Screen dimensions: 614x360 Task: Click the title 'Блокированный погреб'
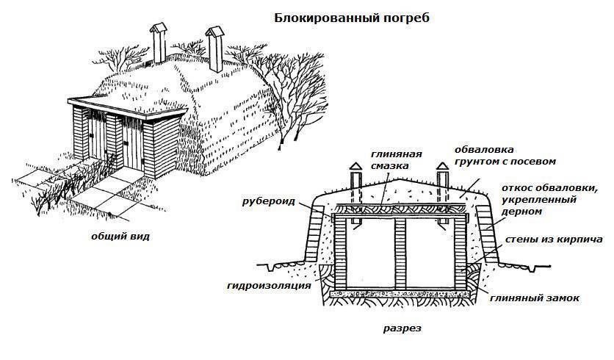[351, 18]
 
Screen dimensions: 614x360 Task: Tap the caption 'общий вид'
[120, 237]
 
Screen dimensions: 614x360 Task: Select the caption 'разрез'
[402, 328]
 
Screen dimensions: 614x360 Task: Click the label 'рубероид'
[269, 202]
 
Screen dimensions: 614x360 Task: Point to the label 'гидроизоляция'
[269, 286]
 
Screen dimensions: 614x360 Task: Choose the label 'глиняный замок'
[535, 298]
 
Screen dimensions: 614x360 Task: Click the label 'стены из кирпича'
[554, 240]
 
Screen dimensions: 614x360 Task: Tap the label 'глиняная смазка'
[397, 160]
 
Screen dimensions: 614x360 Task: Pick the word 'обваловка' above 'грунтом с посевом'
[484, 150]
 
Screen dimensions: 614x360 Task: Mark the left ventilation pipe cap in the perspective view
[158, 29]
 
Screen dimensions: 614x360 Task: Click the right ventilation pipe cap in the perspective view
[214, 32]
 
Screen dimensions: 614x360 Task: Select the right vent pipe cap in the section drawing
[442, 167]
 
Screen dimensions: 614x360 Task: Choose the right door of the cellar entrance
[133, 143]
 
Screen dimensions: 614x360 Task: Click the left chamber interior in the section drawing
[371, 255]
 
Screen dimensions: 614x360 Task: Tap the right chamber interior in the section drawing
[430, 255]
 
